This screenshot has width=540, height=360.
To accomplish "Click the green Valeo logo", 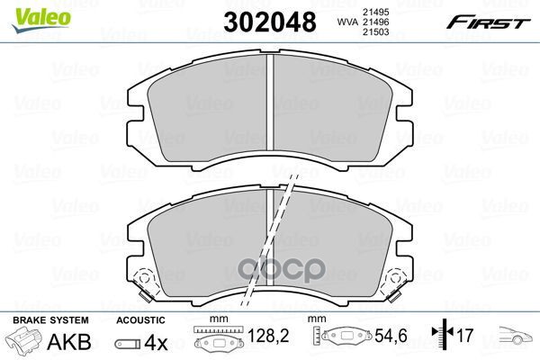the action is [41, 20].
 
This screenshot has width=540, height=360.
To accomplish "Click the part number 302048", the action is [270, 22].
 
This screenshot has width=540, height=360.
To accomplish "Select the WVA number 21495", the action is [375, 12].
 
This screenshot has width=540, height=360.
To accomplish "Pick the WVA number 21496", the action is [375, 22].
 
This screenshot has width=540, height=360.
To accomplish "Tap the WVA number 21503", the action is [375, 32].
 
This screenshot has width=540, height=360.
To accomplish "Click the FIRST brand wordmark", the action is [488, 22].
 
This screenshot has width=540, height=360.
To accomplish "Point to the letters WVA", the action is [347, 22].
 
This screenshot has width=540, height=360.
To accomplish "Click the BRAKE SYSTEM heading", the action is [50, 320].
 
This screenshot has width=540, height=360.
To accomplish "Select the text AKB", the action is [69, 342].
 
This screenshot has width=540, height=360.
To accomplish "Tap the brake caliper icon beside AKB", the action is [23, 339].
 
